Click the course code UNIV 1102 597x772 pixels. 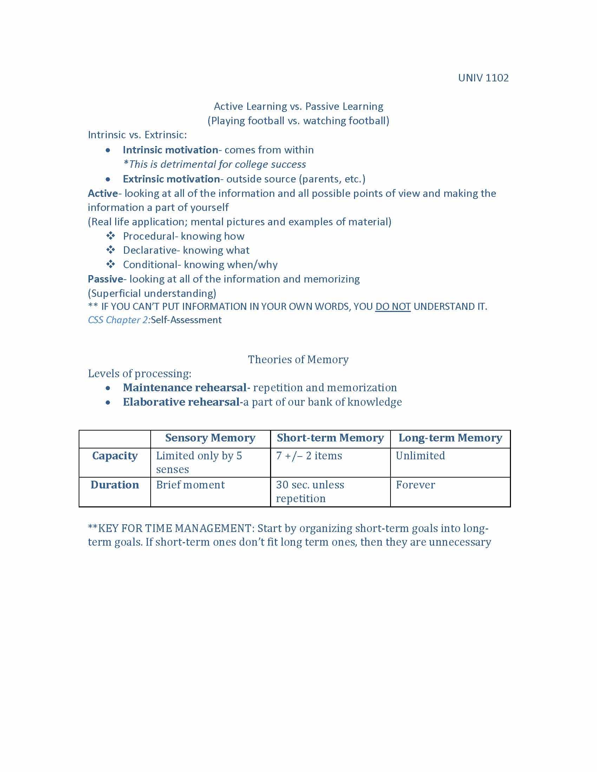(483, 78)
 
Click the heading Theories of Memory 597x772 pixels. (298, 359)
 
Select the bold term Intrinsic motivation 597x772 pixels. (170, 150)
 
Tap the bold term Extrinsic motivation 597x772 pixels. (171, 179)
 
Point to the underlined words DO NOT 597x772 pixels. (393, 306)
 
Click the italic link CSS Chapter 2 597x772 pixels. (118, 320)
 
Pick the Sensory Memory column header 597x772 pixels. (210, 438)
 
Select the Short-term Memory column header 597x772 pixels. (330, 438)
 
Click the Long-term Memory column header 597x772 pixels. (450, 438)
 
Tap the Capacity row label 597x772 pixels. (114, 456)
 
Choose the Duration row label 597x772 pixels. (114, 485)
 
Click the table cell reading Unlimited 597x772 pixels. (420, 456)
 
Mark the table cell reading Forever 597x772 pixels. (415, 485)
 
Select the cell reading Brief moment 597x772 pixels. (190, 485)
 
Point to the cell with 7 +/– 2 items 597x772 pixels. (309, 456)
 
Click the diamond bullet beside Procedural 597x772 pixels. (110, 236)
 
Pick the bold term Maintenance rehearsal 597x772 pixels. (185, 388)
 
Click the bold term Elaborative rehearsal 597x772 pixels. (181, 402)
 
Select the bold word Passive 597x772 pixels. (105, 279)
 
